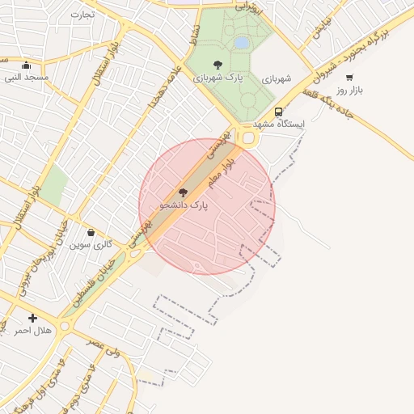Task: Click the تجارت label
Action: pyautogui.click(x=82, y=14)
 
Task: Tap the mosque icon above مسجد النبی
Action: pyautogui.click(x=27, y=65)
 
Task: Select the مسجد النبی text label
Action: pyautogui.click(x=27, y=78)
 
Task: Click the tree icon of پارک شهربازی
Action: pyautogui.click(x=217, y=65)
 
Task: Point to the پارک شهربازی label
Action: pyautogui.click(x=217, y=78)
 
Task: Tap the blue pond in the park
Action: pyautogui.click(x=241, y=42)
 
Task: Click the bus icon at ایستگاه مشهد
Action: pyautogui.click(x=279, y=112)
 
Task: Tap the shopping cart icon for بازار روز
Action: pyautogui.click(x=349, y=78)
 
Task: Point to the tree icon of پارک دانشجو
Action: pyautogui.click(x=183, y=192)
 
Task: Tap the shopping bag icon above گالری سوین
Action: pyautogui.click(x=91, y=232)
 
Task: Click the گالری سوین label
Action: pyautogui.click(x=90, y=244)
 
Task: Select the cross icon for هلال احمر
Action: pyautogui.click(x=32, y=318)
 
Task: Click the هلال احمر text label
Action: pyautogui.click(x=33, y=331)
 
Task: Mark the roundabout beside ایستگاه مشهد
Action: pyautogui.click(x=247, y=139)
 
